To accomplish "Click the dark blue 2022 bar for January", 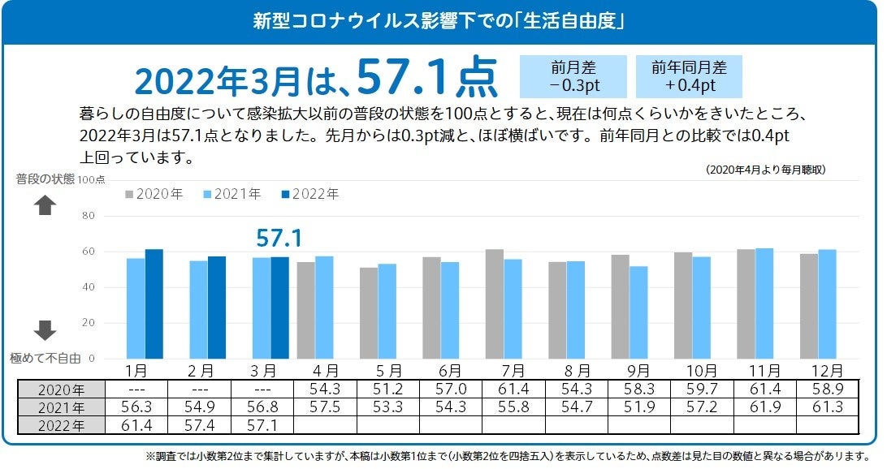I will [x=154, y=303].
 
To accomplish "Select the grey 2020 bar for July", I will [x=495, y=303].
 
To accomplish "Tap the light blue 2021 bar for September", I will [x=638, y=312].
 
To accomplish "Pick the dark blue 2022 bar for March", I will [x=279, y=308].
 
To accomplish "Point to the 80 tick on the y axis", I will [x=89, y=216].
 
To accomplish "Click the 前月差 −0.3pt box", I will [x=573, y=76].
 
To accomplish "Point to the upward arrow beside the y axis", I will [x=45, y=206].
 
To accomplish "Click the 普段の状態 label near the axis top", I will [x=45, y=179].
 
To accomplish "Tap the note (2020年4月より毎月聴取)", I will [x=766, y=170].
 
